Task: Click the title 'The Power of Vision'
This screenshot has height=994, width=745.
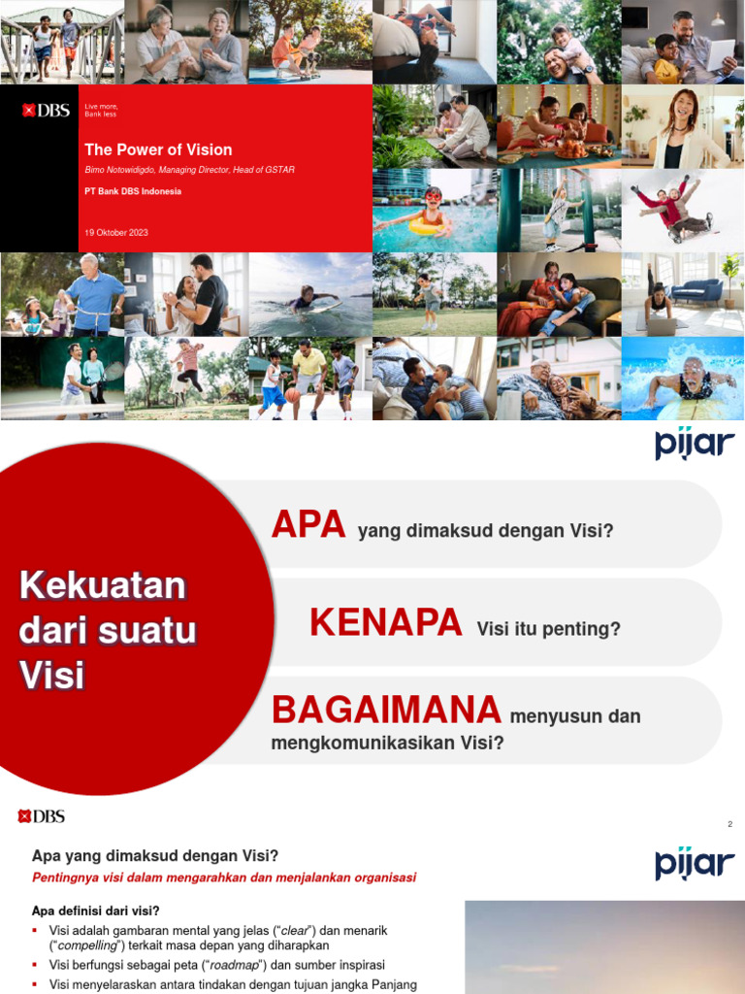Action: (x=158, y=149)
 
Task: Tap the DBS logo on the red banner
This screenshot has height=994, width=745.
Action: (x=47, y=110)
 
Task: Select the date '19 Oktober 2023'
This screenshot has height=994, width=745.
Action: (x=116, y=233)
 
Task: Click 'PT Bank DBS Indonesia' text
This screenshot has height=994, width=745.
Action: (x=133, y=191)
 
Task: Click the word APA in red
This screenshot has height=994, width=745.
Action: (x=308, y=525)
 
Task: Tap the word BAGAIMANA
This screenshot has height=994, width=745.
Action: (x=386, y=710)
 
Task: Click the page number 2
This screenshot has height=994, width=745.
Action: (x=729, y=824)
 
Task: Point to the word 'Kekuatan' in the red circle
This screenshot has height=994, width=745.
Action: (x=102, y=586)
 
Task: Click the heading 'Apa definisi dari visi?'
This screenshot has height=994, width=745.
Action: (x=96, y=911)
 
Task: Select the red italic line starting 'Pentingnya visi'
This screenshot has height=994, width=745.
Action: (x=224, y=878)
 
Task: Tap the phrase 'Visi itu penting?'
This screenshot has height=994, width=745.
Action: (x=548, y=630)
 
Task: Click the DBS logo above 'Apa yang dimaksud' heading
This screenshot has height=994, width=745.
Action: (x=42, y=816)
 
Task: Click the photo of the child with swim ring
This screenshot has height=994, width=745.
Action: (x=434, y=211)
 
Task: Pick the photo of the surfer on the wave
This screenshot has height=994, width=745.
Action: (x=309, y=295)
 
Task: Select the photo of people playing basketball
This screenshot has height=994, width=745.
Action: (x=309, y=379)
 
